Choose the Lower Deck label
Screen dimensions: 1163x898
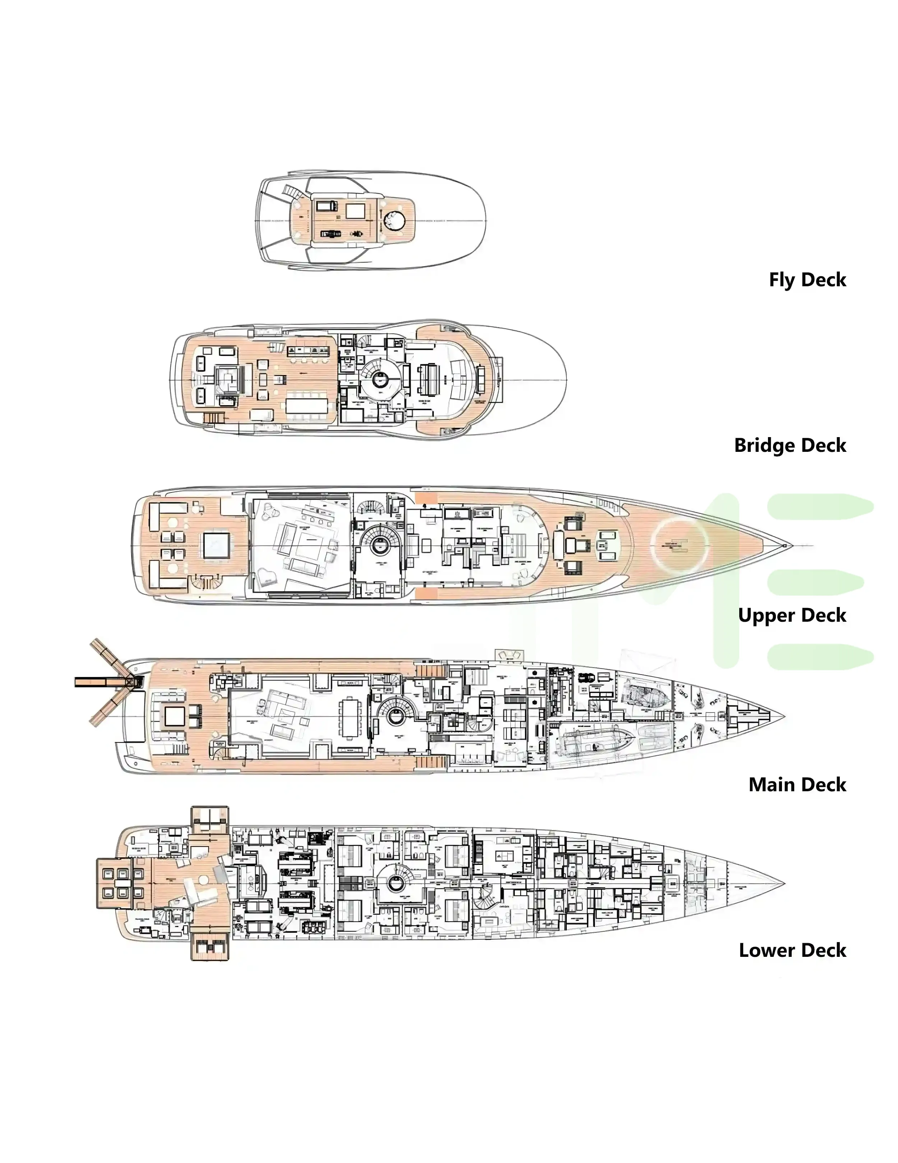(x=792, y=950)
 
